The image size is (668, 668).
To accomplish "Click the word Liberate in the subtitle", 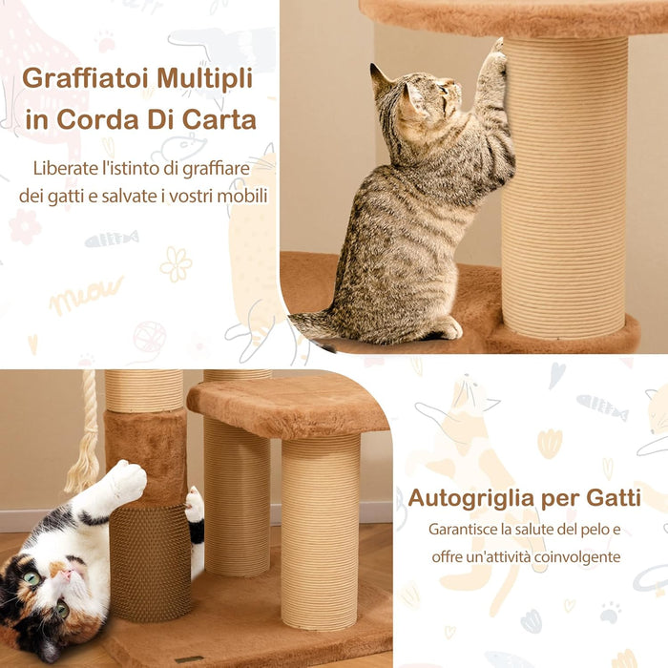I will (x=64, y=169).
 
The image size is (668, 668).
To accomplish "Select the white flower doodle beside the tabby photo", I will (x=176, y=263).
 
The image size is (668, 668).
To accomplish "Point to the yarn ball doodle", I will (x=149, y=337).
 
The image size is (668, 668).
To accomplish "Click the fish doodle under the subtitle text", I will (x=111, y=239).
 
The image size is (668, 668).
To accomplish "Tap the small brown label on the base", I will (x=188, y=659).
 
